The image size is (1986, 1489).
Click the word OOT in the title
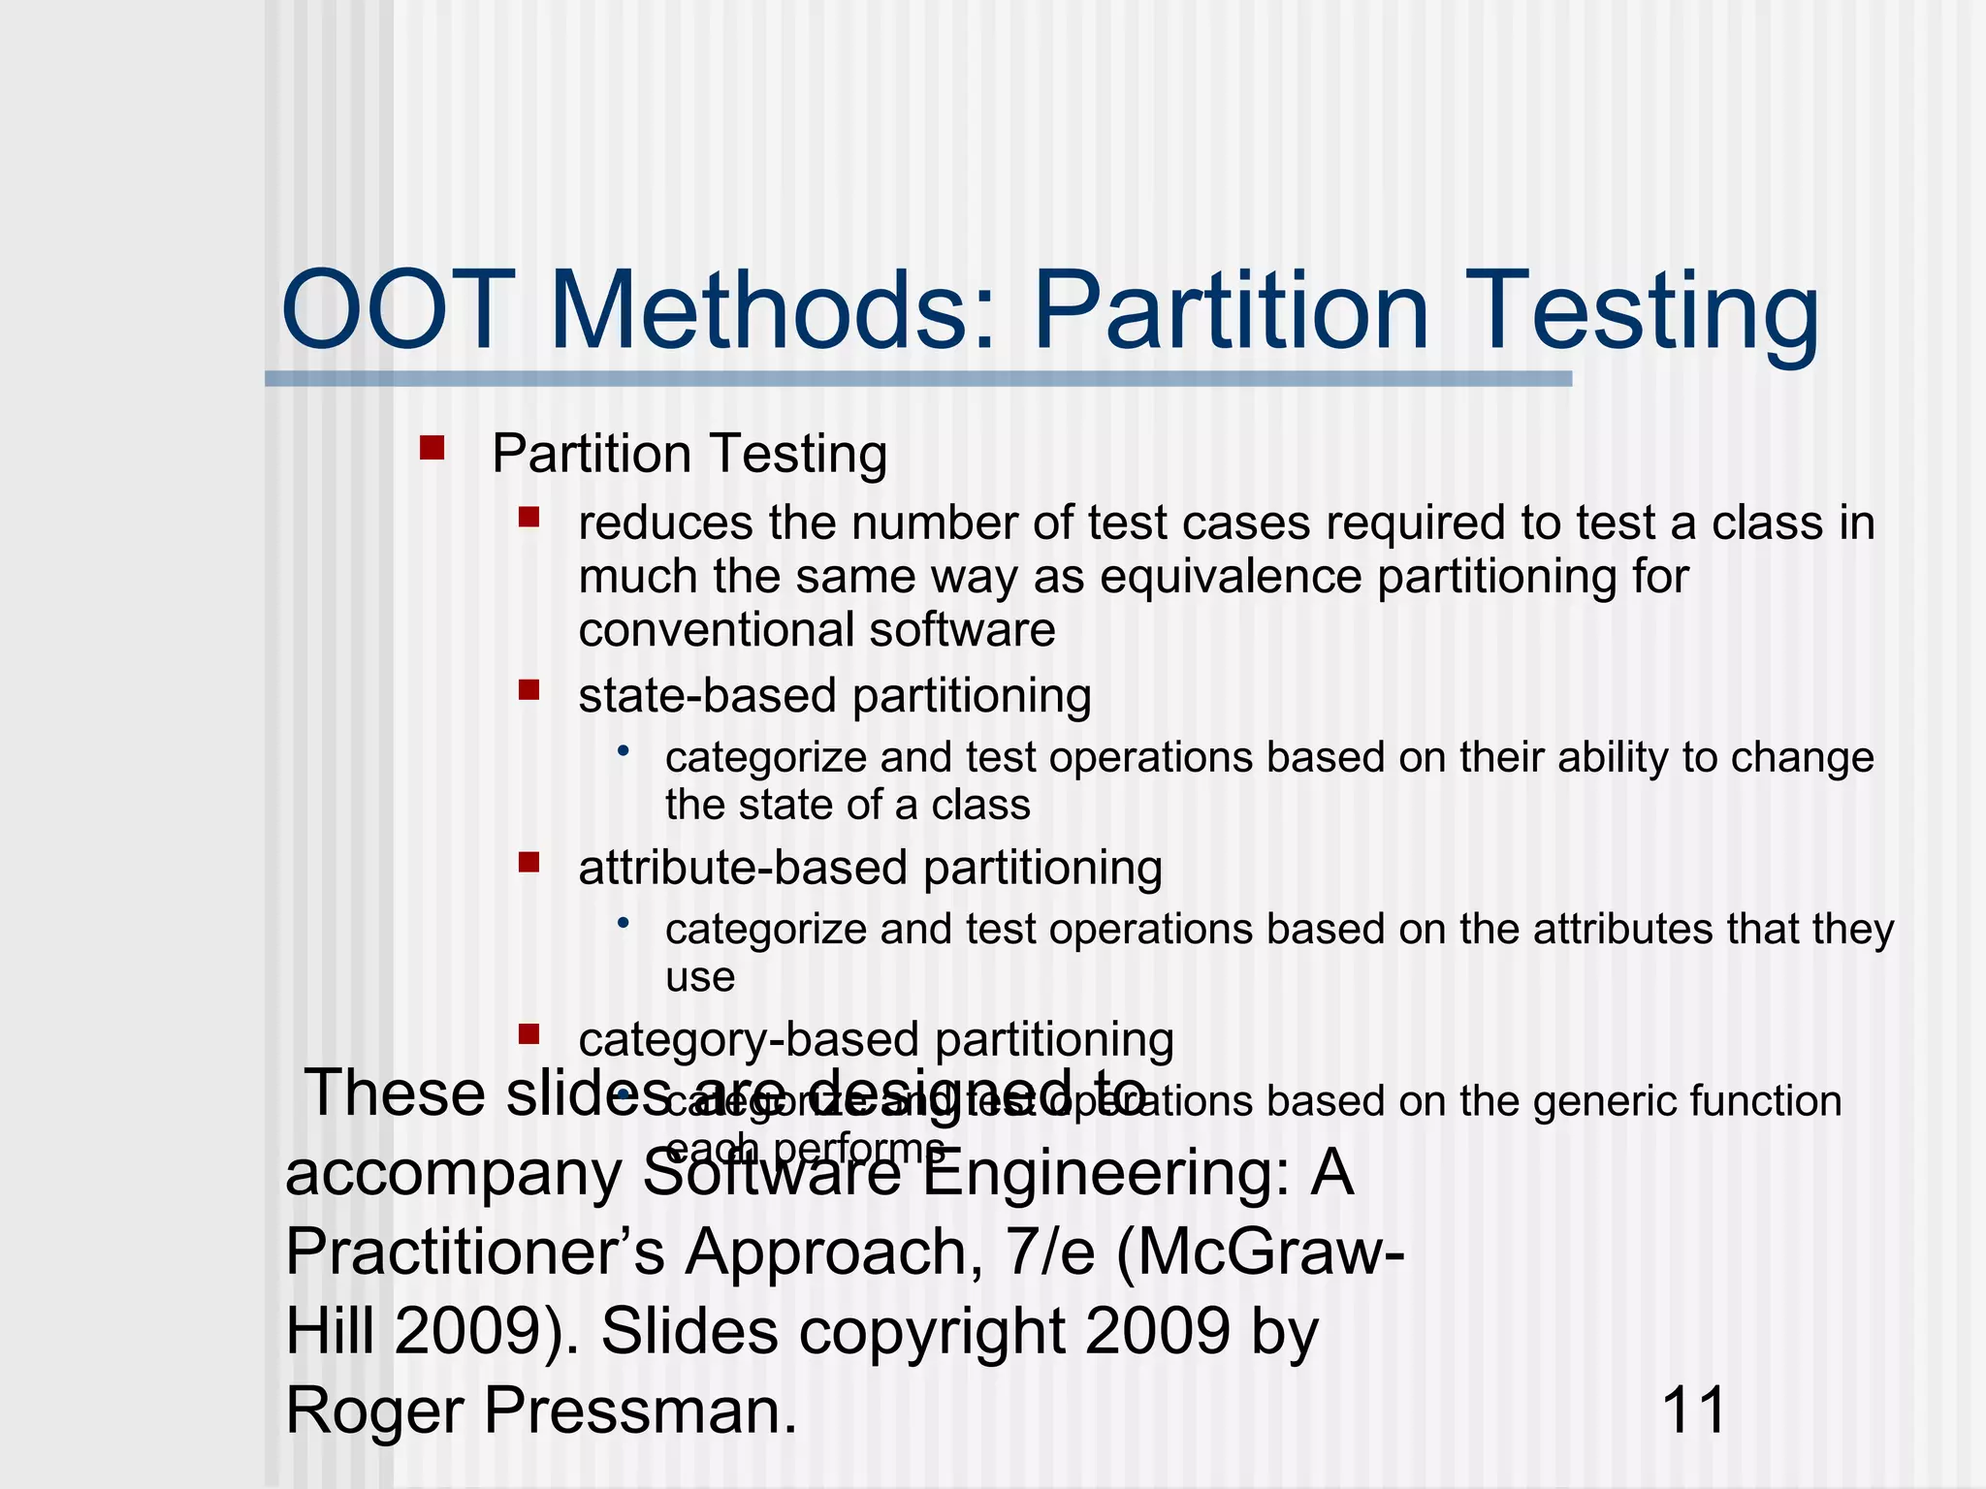click(398, 312)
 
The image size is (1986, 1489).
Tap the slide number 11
click(1693, 1410)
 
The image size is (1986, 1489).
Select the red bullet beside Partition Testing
click(432, 448)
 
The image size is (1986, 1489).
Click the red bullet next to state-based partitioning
click(529, 690)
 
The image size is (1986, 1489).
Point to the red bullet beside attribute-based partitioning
click(529, 862)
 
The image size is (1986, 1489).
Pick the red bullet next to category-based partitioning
click(529, 1033)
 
